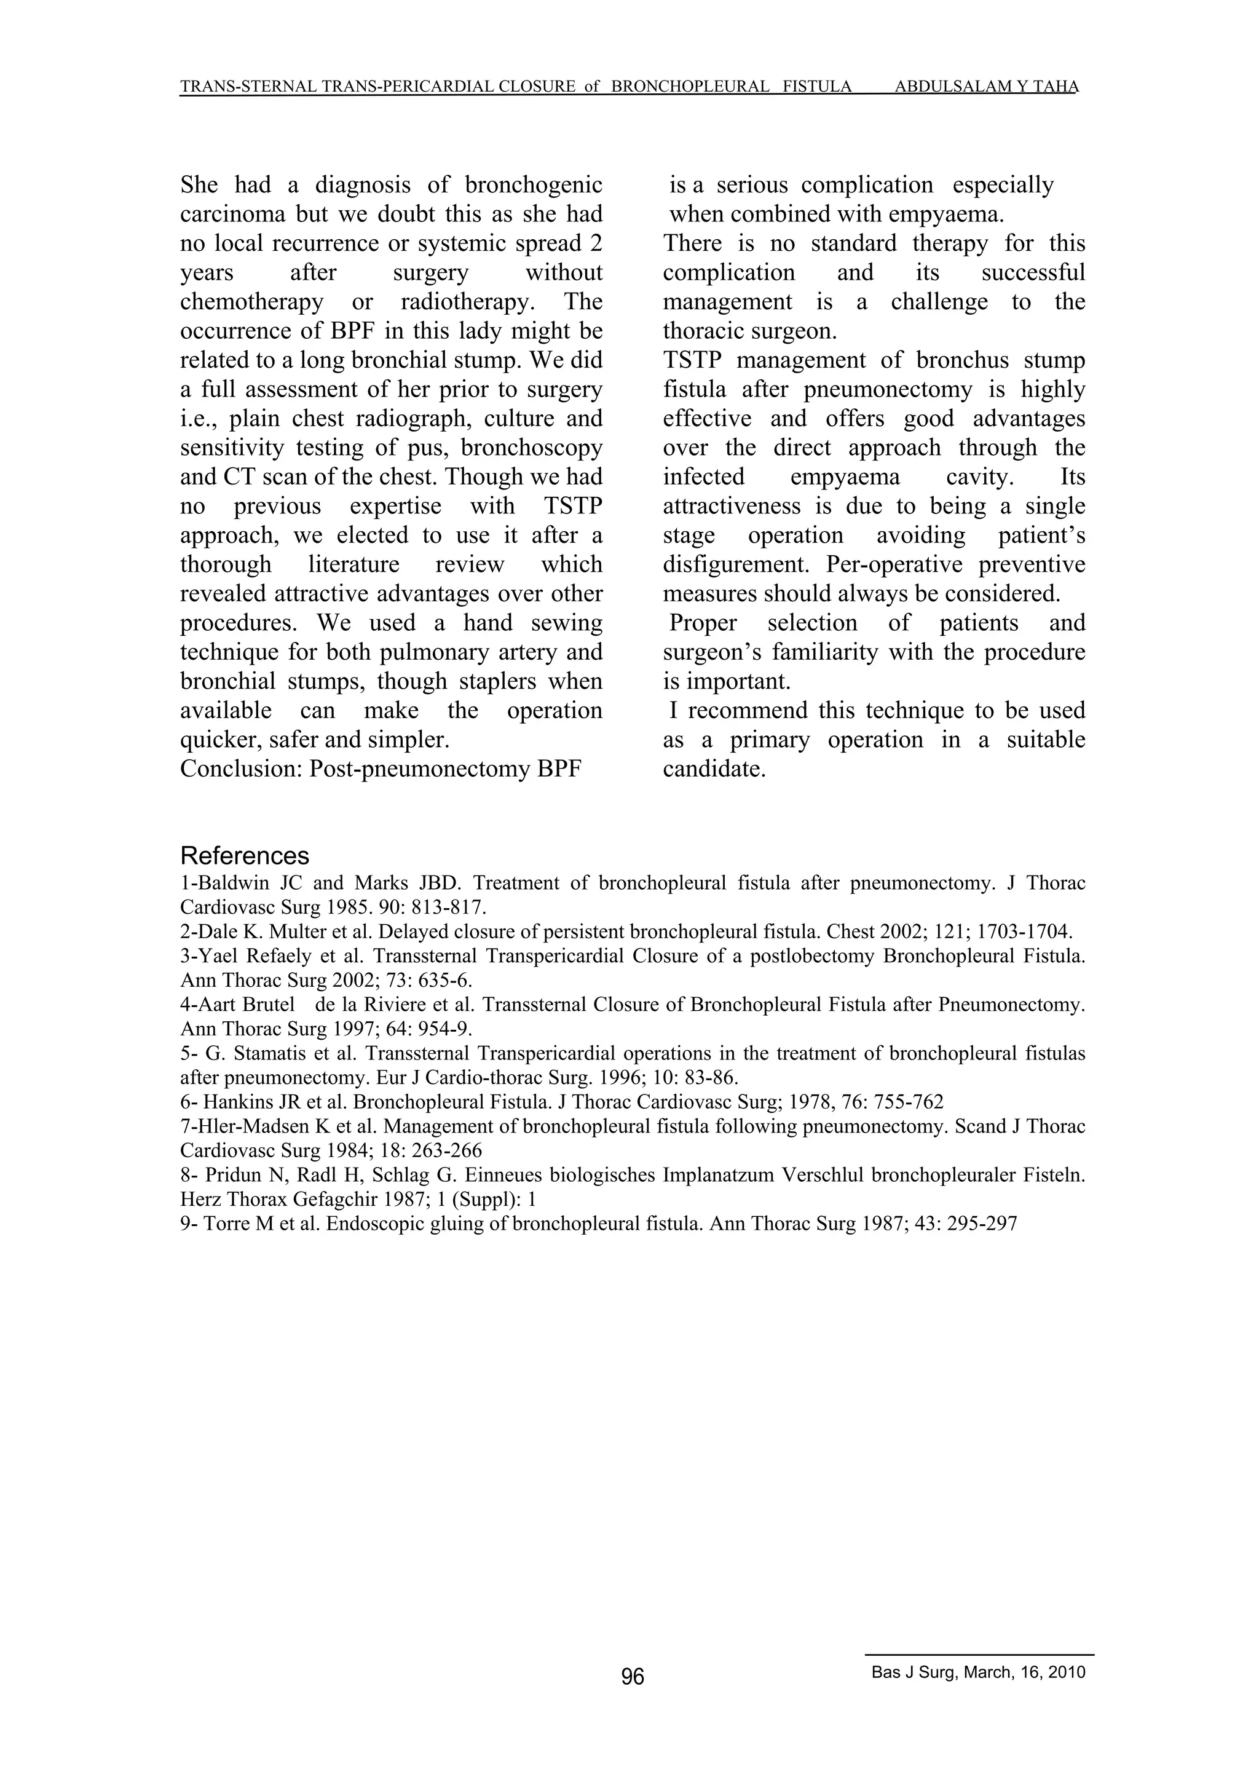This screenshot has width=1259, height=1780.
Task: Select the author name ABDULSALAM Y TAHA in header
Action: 986,87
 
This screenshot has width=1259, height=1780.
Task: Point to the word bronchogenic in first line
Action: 534,185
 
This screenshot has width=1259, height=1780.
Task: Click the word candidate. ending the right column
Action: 714,769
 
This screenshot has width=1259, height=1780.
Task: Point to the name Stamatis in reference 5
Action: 268,1054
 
